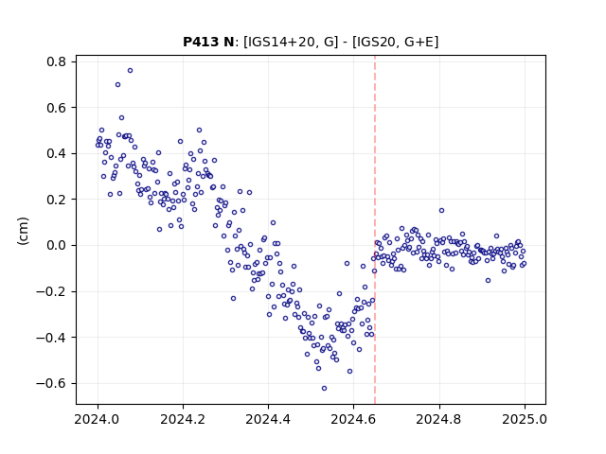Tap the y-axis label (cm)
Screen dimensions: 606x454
pos(23,231)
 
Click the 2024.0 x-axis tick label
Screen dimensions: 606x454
pos(98,419)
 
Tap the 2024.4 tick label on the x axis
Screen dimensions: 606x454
pos(268,419)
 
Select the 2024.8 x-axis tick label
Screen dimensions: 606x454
pos(439,419)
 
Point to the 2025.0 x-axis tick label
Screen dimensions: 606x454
pos(525,419)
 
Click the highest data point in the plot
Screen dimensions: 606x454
pos(131,71)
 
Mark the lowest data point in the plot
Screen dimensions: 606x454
pos(324,389)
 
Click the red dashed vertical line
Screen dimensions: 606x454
pos(375,230)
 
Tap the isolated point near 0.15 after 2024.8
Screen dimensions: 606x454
pos(442,210)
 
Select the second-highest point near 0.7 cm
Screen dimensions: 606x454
pos(117,85)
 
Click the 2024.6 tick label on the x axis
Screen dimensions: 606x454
pos(353,419)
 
